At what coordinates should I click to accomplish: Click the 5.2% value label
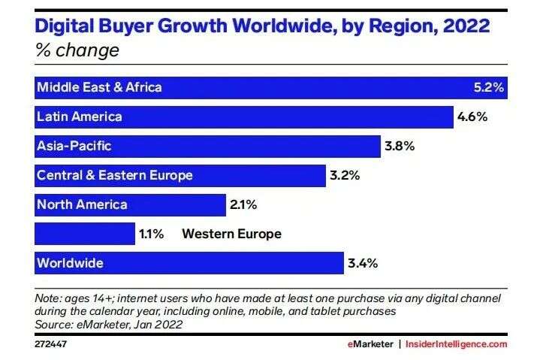[x=489, y=87]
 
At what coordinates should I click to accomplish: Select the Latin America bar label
[x=79, y=116]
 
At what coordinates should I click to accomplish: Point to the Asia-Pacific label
[x=74, y=146]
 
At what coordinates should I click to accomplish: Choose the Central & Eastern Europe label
[x=114, y=175]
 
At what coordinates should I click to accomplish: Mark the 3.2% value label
[x=345, y=175]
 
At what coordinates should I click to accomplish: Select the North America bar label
[x=82, y=204]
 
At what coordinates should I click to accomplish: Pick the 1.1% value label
[x=153, y=234]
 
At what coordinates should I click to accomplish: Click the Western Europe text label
[x=231, y=234]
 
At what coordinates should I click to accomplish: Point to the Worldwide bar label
[x=70, y=263]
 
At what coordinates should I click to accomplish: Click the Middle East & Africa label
[x=99, y=87]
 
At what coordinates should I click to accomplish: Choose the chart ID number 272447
[x=50, y=343]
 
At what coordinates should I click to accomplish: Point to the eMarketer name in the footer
[x=369, y=343]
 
